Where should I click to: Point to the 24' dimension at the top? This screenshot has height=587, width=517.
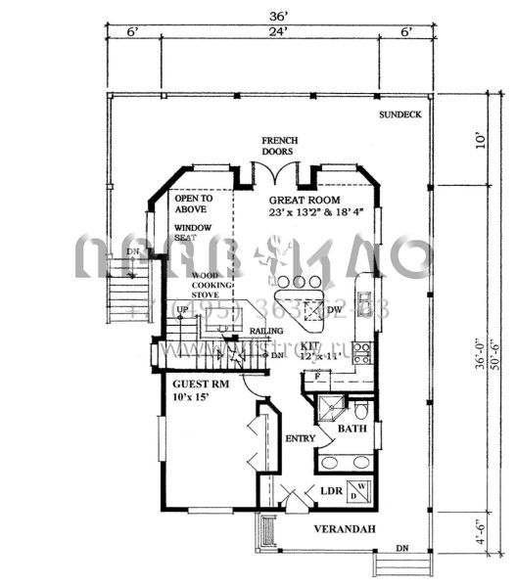(280, 32)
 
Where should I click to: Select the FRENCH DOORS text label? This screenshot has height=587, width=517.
(279, 147)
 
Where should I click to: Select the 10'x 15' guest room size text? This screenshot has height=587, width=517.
(194, 399)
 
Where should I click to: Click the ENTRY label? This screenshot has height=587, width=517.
(300, 438)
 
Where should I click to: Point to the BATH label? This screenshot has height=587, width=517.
(352, 429)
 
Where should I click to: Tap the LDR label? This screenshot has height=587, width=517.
(329, 491)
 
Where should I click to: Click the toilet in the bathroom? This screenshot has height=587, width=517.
(360, 407)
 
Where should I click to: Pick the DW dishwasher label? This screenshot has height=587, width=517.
(334, 310)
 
